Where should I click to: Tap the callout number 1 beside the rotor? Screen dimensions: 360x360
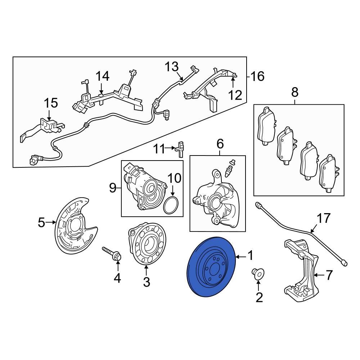click(x=250, y=256)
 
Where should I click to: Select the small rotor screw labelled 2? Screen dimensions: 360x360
click(x=258, y=274)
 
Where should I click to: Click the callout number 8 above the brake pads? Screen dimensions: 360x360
click(x=295, y=93)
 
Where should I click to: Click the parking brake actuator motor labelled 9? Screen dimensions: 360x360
click(x=144, y=187)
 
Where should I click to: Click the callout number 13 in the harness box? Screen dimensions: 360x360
click(x=172, y=67)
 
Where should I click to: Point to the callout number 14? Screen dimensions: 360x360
click(x=102, y=76)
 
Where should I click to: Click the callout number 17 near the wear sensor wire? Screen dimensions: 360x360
click(x=323, y=219)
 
